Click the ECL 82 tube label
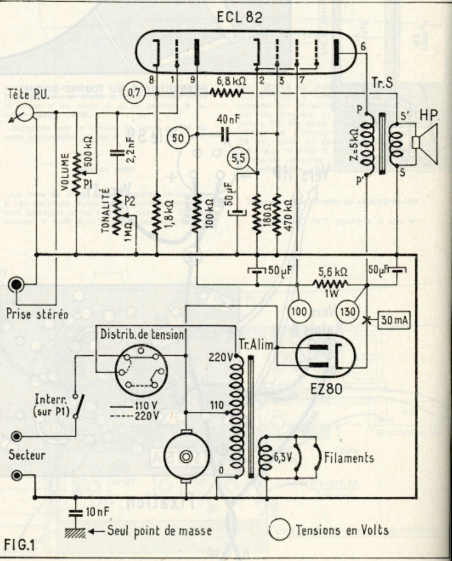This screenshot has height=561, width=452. point(240,17)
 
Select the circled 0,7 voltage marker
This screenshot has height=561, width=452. point(133,93)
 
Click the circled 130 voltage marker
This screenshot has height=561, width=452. point(347,312)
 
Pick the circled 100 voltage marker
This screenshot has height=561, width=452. point(299,312)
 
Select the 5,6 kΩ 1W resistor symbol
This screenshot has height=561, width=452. point(331,284)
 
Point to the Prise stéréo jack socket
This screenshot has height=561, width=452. point(17,285)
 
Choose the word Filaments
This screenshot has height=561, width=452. point(349,458)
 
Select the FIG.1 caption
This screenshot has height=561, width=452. point(19,544)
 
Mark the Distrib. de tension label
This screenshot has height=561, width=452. point(142,334)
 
